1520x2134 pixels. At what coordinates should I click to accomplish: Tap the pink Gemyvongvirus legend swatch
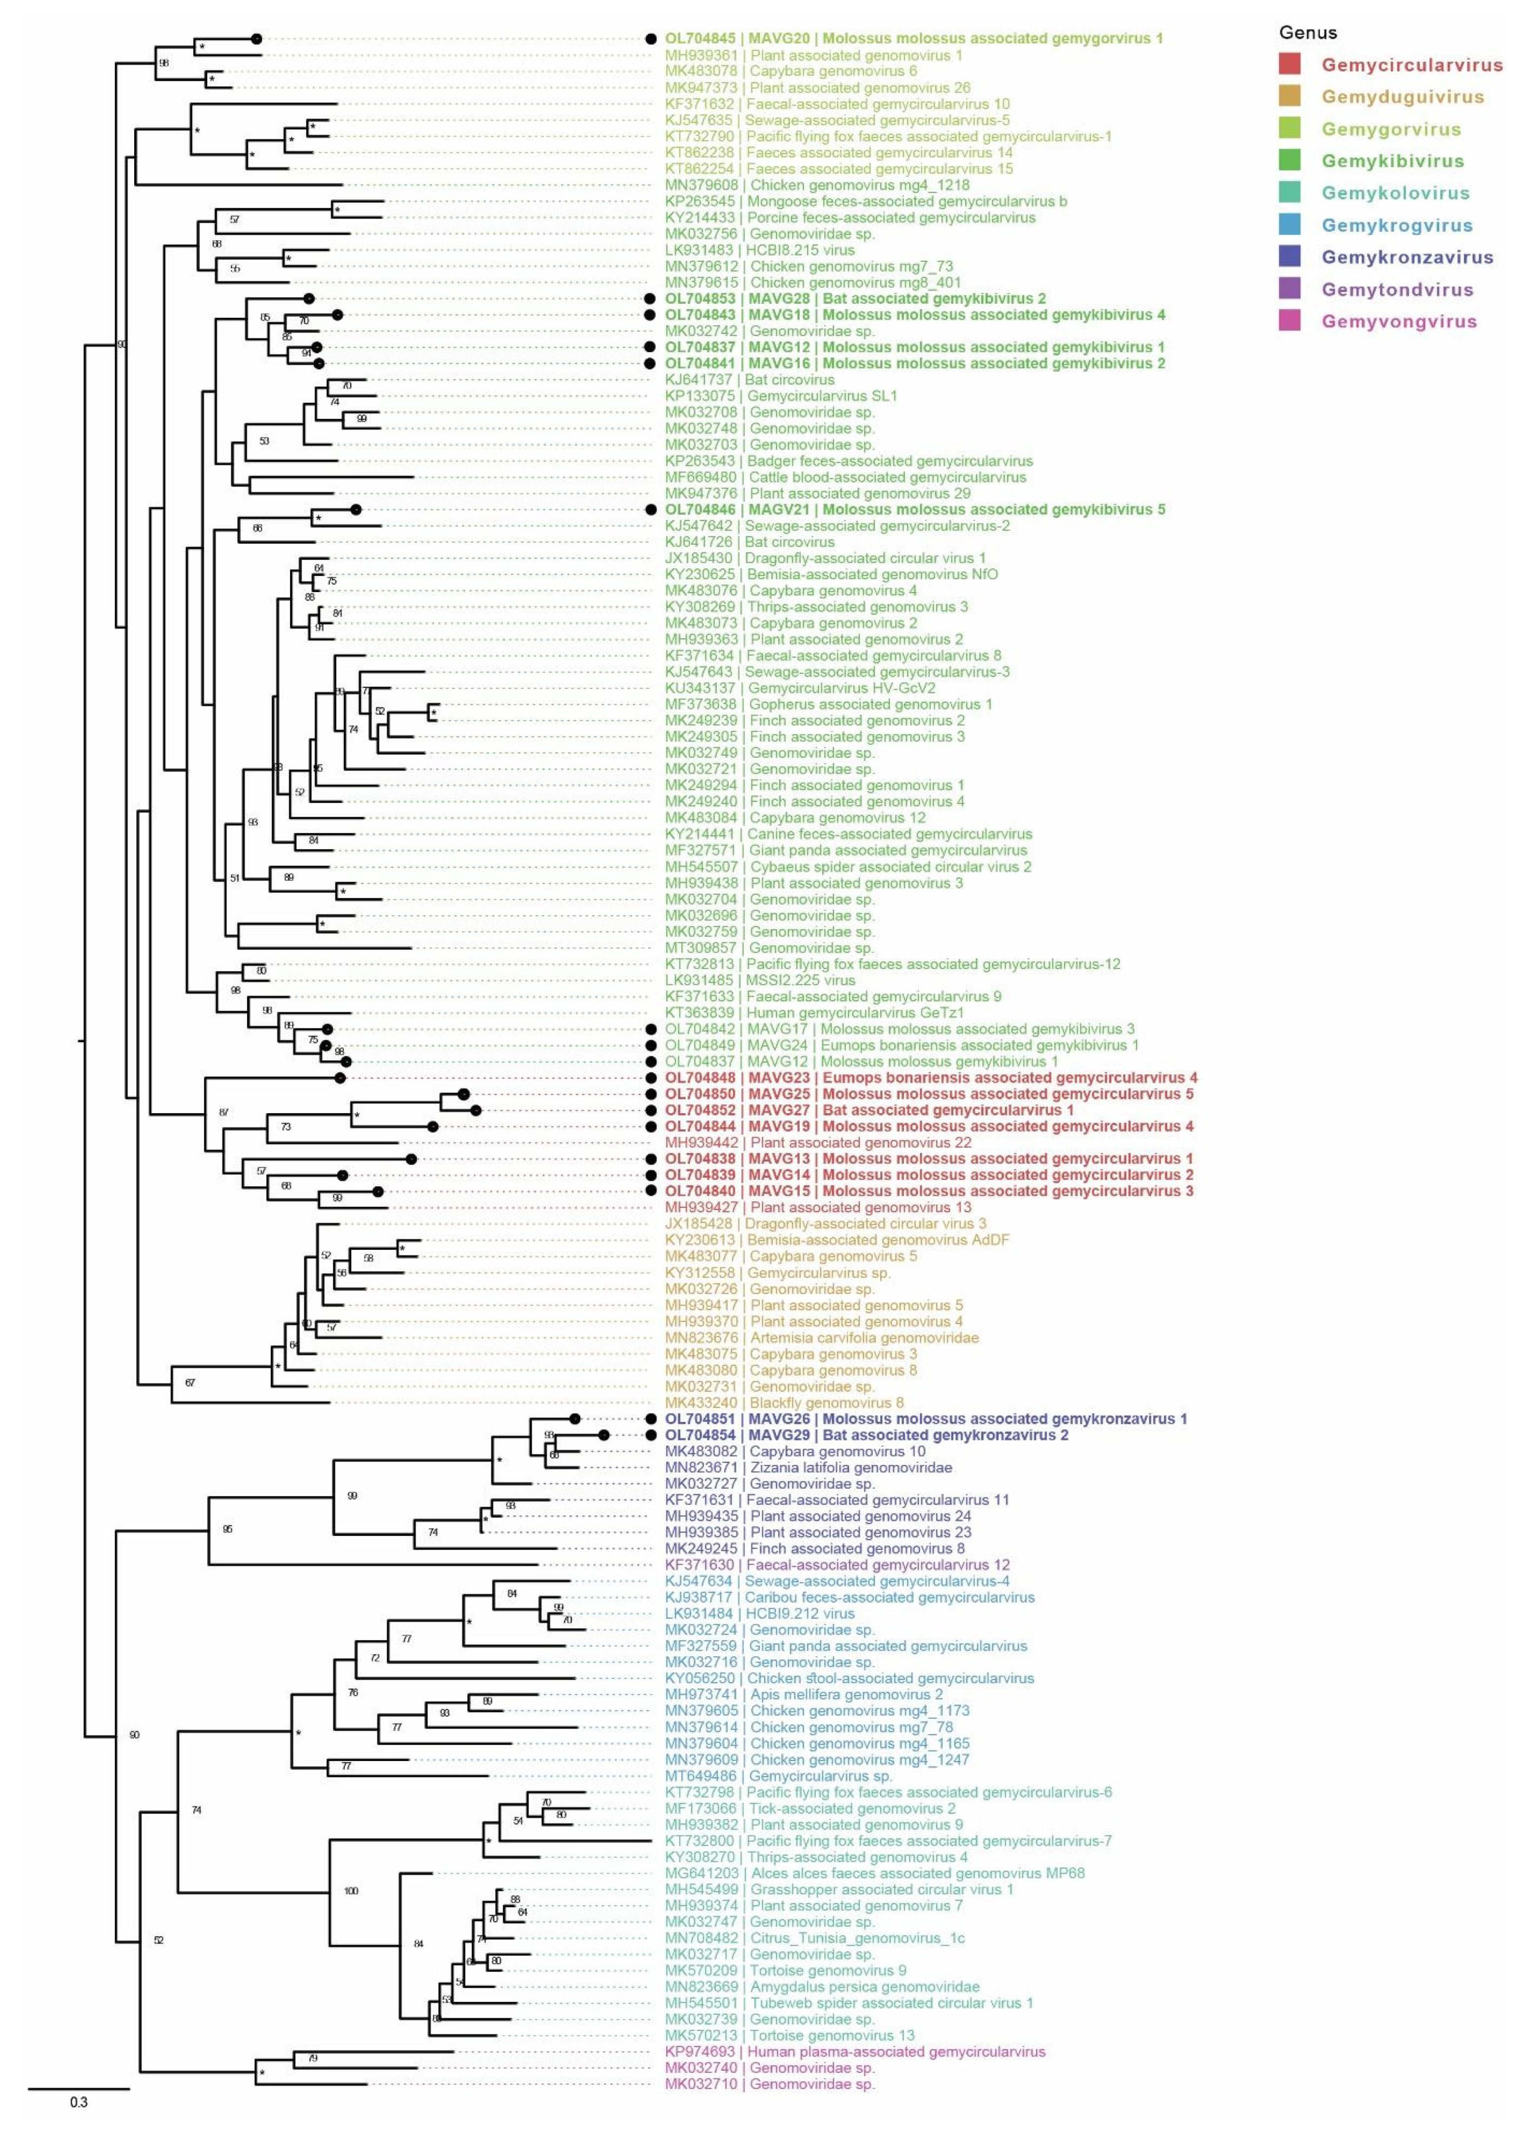[x=1290, y=321]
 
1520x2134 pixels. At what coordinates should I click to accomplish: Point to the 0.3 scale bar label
[x=78, y=2102]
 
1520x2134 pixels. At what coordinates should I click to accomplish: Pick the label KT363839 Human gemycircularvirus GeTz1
[x=815, y=1012]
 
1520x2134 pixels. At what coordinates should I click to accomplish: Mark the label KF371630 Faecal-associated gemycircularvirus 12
[x=838, y=1565]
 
